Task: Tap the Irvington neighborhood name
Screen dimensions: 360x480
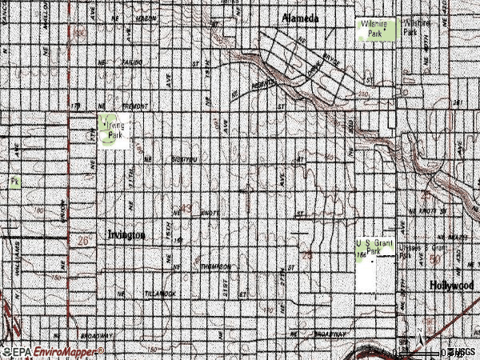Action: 126,235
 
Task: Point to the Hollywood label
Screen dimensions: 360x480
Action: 451,286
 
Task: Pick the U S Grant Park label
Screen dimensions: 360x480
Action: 374,246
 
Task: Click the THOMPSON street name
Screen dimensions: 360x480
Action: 215,266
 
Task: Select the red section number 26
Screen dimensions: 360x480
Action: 86,239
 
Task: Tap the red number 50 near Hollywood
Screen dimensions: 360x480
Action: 436,260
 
